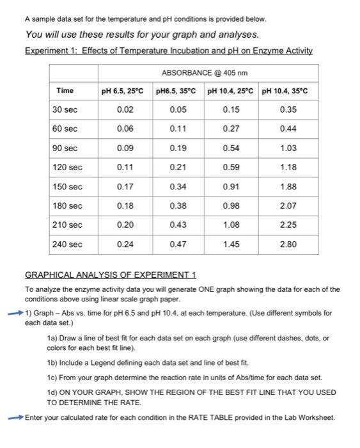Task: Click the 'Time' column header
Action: pyautogui.click(x=65, y=90)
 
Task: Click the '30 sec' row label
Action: pyautogui.click(x=65, y=110)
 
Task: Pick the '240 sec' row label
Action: pyautogui.click(x=67, y=244)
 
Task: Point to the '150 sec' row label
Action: pyautogui.click(x=67, y=187)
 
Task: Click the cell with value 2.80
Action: pyautogui.click(x=288, y=244)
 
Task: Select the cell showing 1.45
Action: pyautogui.click(x=231, y=244)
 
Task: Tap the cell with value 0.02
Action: pyautogui.click(x=125, y=110)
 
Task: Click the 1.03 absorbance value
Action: pyautogui.click(x=288, y=148)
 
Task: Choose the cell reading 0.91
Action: pyautogui.click(x=231, y=187)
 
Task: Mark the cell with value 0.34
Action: pyautogui.click(x=178, y=187)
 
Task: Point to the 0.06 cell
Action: pyautogui.click(x=125, y=129)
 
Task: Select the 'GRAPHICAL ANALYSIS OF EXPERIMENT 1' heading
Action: pyautogui.click(x=110, y=275)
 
